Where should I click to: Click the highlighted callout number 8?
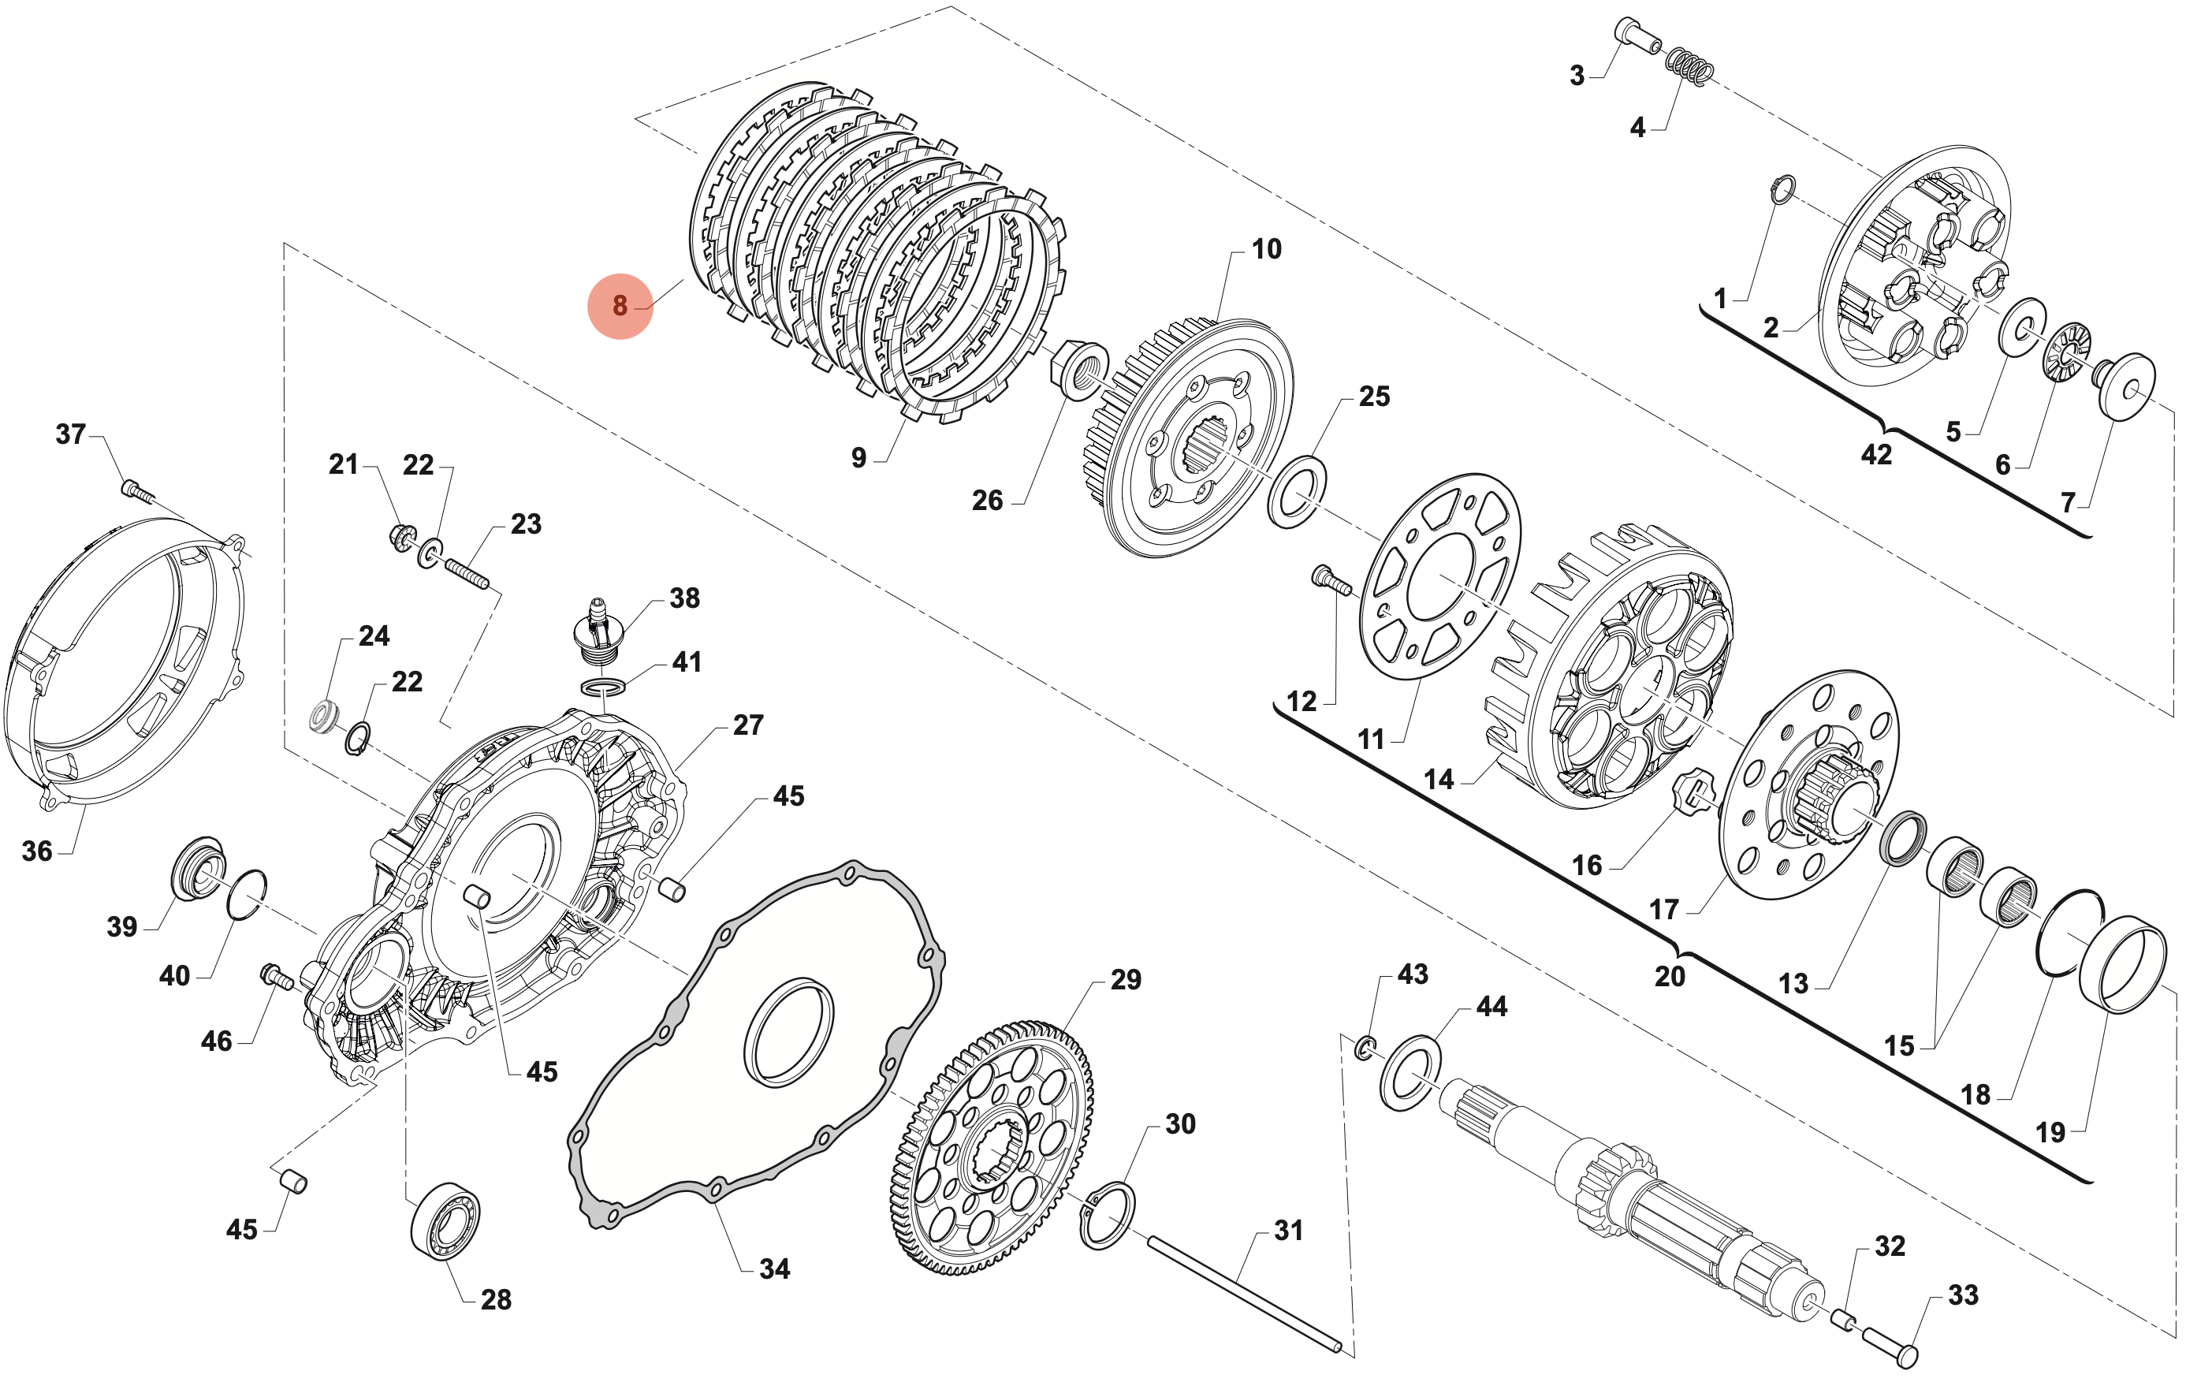(x=620, y=306)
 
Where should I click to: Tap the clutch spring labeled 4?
(x=1689, y=66)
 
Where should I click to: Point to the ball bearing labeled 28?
(x=445, y=1220)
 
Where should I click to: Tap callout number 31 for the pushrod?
(x=1288, y=1231)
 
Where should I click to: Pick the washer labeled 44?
(x=1411, y=1073)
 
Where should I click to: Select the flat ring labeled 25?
(x=1296, y=490)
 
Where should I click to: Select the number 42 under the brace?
(x=1876, y=455)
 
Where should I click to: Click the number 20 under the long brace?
(x=1669, y=976)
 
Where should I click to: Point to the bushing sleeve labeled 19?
(x=2123, y=964)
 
